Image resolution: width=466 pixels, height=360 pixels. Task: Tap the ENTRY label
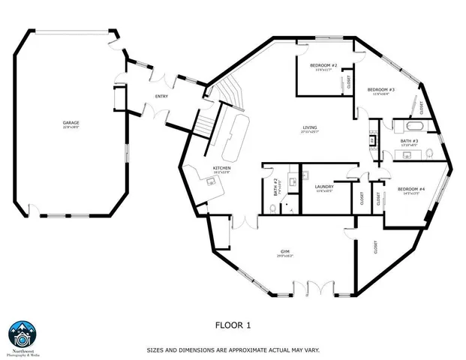162,96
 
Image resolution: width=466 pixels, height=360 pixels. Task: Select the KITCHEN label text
221,167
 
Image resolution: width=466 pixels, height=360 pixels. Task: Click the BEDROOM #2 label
324,65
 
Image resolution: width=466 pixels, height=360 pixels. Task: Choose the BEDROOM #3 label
381,89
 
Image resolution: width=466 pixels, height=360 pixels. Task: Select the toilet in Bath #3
426,154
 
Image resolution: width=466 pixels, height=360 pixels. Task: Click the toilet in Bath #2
273,207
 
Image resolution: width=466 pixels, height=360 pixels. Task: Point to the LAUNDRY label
324,187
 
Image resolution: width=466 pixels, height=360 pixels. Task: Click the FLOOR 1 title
232,325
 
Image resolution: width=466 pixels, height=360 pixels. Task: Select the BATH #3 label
408,140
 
